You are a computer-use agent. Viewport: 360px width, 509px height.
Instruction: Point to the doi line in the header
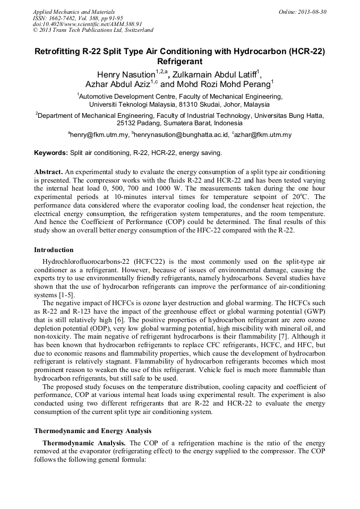tap(87, 24)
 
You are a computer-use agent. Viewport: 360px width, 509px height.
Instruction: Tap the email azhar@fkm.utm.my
tap(264, 135)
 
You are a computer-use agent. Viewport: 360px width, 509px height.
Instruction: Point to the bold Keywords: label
tap(51, 153)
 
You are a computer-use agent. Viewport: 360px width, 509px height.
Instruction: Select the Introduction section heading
tap(54, 249)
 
